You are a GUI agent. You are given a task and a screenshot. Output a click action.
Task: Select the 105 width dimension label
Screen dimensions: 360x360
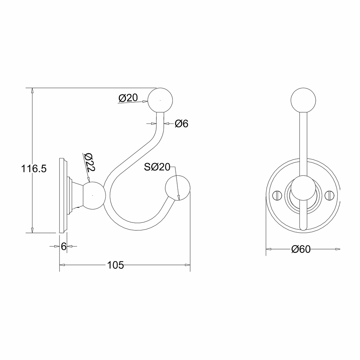click(116, 265)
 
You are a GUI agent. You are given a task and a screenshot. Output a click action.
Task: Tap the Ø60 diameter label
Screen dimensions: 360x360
click(301, 249)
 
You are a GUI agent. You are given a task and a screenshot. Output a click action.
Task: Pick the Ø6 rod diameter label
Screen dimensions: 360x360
click(181, 124)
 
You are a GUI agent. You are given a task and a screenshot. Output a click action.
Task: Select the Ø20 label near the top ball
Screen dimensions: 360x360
click(128, 98)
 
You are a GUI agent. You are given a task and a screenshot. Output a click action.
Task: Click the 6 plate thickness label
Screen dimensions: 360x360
click(63, 247)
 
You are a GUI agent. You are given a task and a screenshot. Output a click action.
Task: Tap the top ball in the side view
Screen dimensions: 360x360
click(161, 100)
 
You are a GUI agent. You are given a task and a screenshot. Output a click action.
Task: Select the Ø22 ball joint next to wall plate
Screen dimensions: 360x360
click(94, 195)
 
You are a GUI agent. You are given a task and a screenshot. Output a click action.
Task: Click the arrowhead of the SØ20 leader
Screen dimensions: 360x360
click(179, 196)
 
